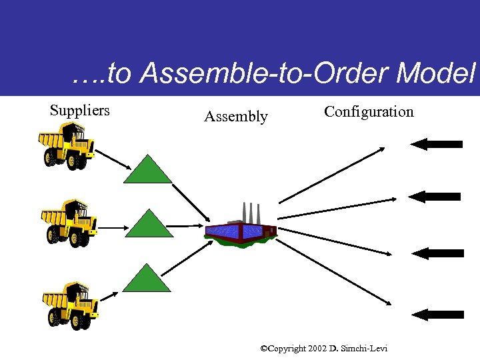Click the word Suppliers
(79, 111)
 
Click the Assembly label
(235, 117)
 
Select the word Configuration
(369, 111)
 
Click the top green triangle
(148, 171)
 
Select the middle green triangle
(149, 225)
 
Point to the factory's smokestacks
(251, 211)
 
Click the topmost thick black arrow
(437, 144)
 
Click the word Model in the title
(436, 75)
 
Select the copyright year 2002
(316, 349)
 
